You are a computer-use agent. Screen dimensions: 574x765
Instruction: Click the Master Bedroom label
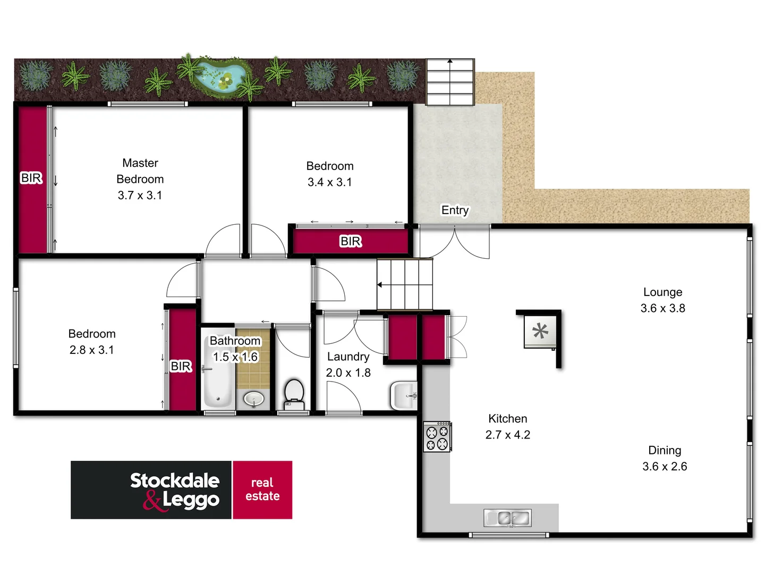(140, 171)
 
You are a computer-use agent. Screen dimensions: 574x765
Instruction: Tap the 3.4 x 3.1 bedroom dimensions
(329, 182)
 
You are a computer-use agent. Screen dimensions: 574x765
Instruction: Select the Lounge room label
(662, 292)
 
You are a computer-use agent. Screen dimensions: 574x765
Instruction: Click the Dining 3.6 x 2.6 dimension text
(665, 467)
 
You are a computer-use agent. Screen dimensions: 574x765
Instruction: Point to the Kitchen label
(507, 419)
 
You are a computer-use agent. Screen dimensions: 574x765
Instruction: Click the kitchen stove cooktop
(437, 437)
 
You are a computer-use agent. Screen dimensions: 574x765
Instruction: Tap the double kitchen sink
(507, 518)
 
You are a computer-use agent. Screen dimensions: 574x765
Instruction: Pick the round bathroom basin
(254, 398)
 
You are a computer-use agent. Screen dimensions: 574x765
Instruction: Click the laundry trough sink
(404, 395)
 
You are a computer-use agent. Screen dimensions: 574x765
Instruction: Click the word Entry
(455, 210)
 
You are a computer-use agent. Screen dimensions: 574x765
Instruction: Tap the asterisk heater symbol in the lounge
(540, 332)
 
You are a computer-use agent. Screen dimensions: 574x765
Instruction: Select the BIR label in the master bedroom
(31, 178)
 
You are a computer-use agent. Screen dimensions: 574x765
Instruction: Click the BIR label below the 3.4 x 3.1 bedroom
(351, 242)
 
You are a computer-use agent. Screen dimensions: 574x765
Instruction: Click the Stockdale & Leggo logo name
(175, 490)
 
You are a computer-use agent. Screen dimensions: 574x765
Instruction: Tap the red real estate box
(262, 489)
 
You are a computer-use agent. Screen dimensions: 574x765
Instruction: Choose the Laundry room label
(348, 357)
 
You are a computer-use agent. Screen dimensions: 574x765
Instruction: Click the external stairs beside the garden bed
(450, 82)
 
